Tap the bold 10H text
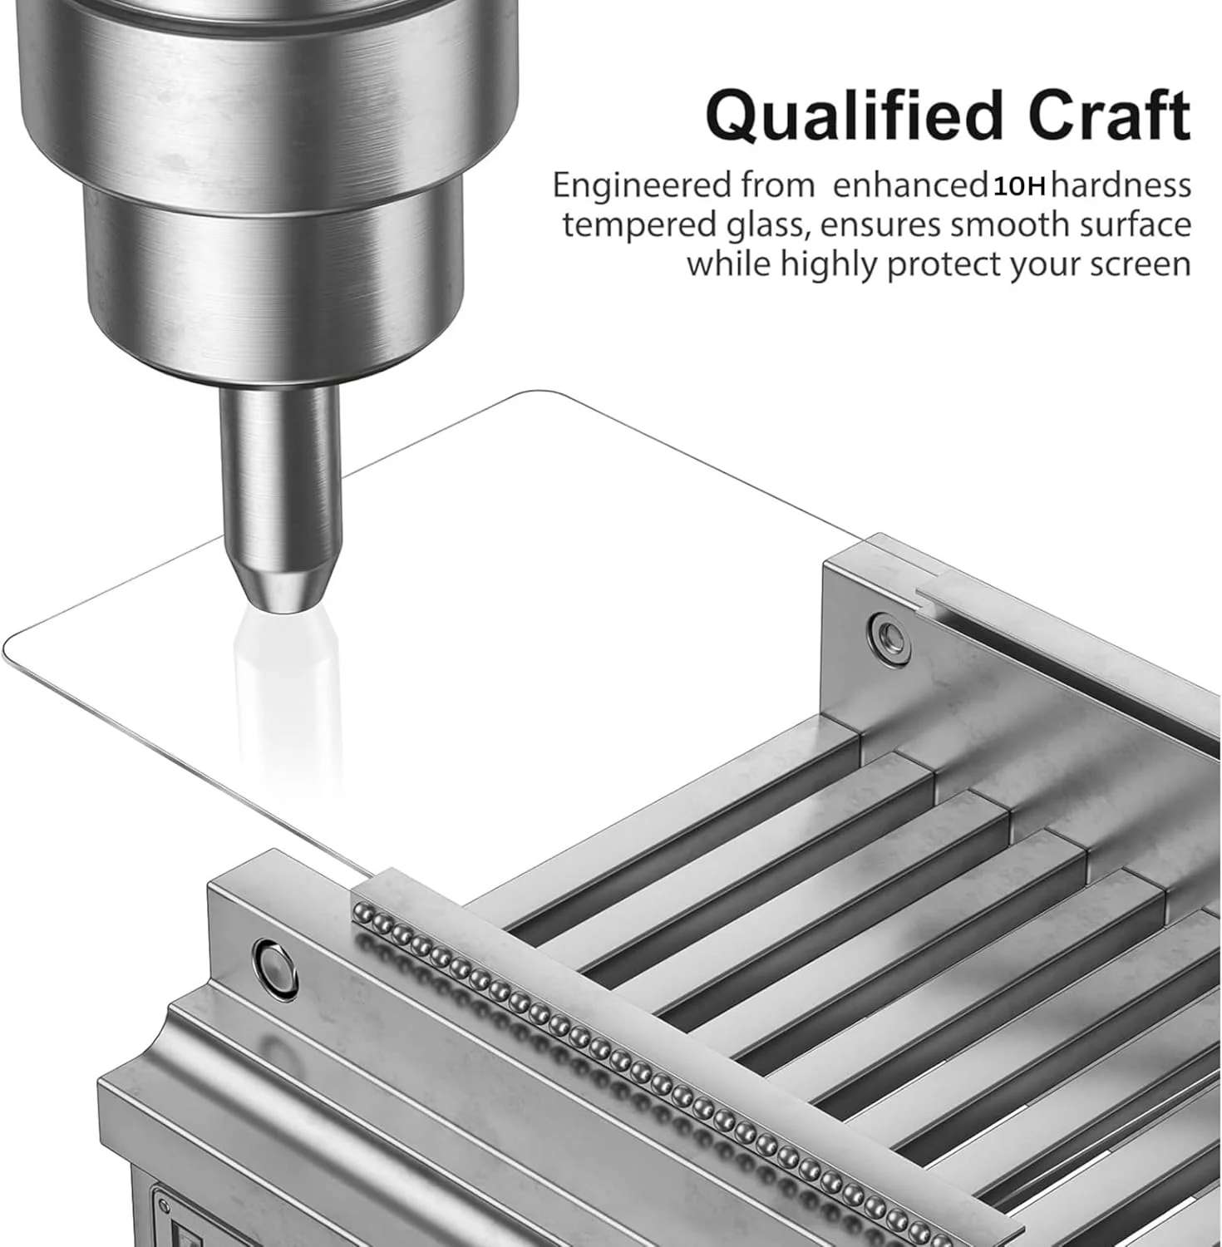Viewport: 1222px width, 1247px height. (1019, 186)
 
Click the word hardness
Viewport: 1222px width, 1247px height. (1121, 185)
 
